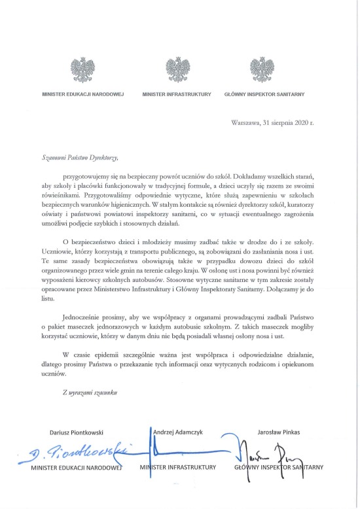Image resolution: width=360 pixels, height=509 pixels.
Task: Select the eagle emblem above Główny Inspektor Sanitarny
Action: (264, 69)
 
